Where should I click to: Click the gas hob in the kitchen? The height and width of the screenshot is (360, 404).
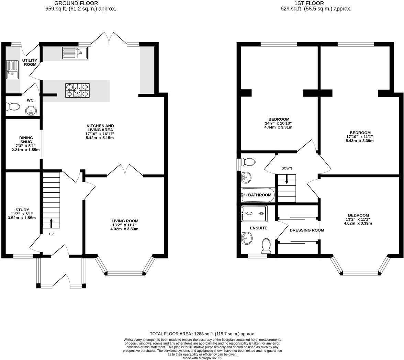click(77, 90)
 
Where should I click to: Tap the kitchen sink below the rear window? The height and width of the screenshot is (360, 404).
click(75, 53)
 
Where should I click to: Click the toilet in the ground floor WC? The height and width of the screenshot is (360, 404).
click(13, 107)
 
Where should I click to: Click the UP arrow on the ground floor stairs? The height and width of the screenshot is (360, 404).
click(51, 223)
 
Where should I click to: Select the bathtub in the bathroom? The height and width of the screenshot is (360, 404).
click(258, 195)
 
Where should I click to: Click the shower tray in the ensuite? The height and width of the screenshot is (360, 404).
click(254, 213)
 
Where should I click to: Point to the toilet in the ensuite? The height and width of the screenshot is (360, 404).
click(267, 246)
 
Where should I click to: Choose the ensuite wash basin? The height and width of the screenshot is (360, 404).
click(247, 238)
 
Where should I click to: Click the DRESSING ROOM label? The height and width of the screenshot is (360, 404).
click(306, 230)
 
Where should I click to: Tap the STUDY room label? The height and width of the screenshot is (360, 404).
click(22, 210)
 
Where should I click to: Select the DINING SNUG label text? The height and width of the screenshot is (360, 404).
click(26, 140)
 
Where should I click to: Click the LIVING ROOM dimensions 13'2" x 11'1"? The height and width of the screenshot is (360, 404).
click(125, 225)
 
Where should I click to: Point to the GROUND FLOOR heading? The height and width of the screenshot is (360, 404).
click(81, 3)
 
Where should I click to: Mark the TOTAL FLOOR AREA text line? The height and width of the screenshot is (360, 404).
click(202, 334)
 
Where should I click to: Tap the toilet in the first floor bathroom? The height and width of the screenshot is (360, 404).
click(248, 162)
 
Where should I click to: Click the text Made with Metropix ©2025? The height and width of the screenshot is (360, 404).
click(202, 358)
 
